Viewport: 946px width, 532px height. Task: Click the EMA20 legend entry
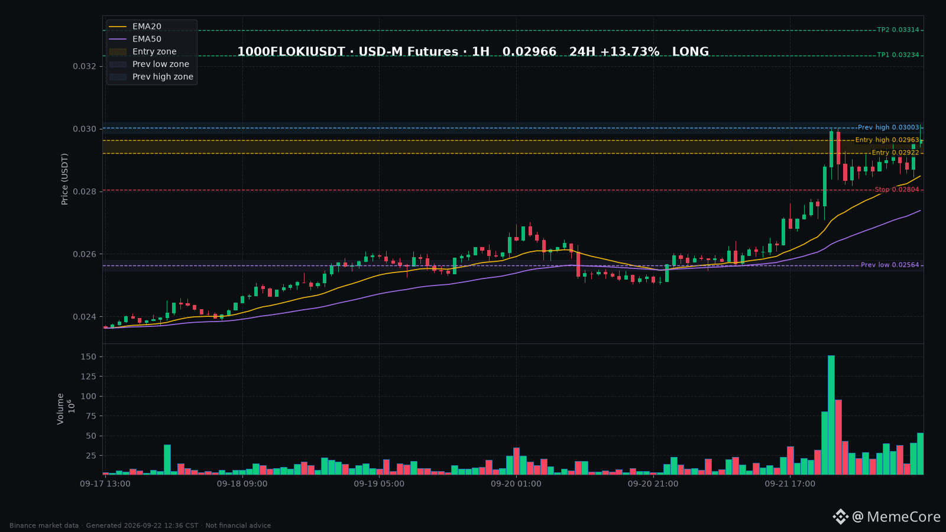tap(135, 27)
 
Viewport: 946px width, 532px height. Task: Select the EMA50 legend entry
tap(135, 39)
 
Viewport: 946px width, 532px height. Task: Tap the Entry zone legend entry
tap(142, 52)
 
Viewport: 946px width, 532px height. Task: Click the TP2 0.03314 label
tap(898, 30)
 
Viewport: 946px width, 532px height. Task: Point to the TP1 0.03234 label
tap(898, 55)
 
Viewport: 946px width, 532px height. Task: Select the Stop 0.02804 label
tap(896, 190)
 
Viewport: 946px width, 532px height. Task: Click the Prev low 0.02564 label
tap(890, 265)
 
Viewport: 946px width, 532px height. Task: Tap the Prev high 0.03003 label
tap(888, 128)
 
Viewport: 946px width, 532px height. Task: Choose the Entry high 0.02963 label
tap(887, 140)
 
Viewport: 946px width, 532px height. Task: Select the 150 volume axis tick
tap(89, 357)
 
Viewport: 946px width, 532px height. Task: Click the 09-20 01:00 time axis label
tap(516, 484)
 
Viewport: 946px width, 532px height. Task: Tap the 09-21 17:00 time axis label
tap(790, 484)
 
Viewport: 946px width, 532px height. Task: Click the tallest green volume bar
tap(831, 415)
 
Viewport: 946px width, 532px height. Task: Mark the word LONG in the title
tap(691, 51)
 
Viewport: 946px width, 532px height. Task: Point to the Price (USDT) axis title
tap(64, 180)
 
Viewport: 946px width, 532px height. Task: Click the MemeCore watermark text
tap(903, 517)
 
